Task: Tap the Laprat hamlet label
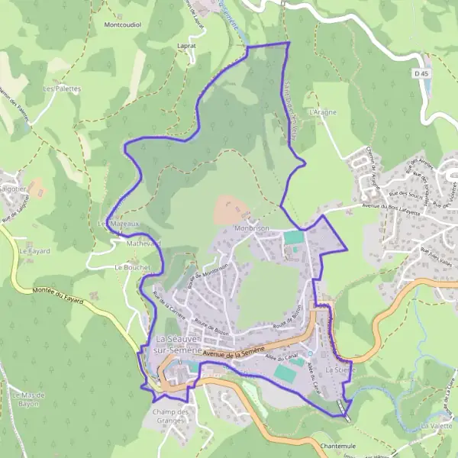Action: tap(185, 46)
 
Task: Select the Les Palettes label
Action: tap(61, 89)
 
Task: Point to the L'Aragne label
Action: tap(322, 111)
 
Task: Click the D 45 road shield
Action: tap(421, 73)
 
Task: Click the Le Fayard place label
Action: tap(34, 250)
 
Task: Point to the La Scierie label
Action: tap(340, 369)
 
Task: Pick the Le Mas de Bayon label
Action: tap(30, 398)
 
